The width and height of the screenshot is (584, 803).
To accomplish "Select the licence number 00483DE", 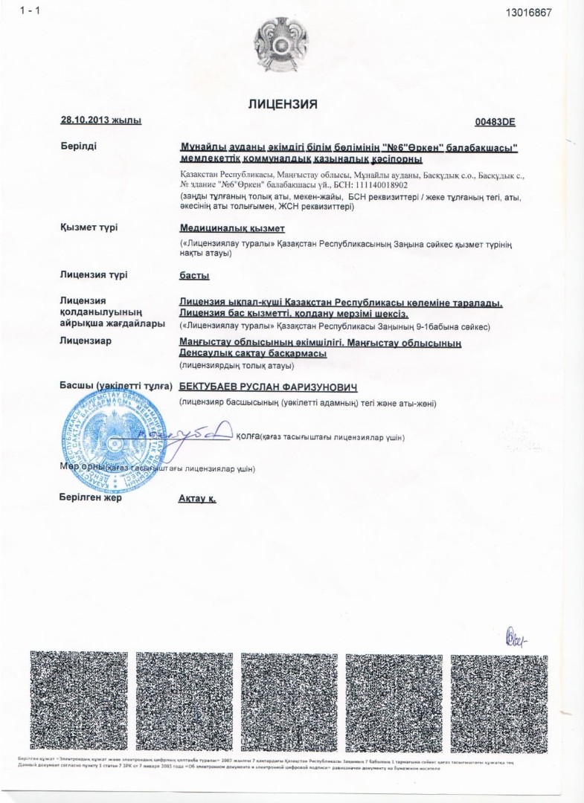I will click(x=495, y=121).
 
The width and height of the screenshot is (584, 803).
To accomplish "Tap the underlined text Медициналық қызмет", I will click(x=232, y=228).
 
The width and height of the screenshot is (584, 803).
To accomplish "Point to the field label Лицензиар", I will click(x=85, y=341).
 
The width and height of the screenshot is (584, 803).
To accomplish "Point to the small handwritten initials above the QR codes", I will click(x=516, y=637).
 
